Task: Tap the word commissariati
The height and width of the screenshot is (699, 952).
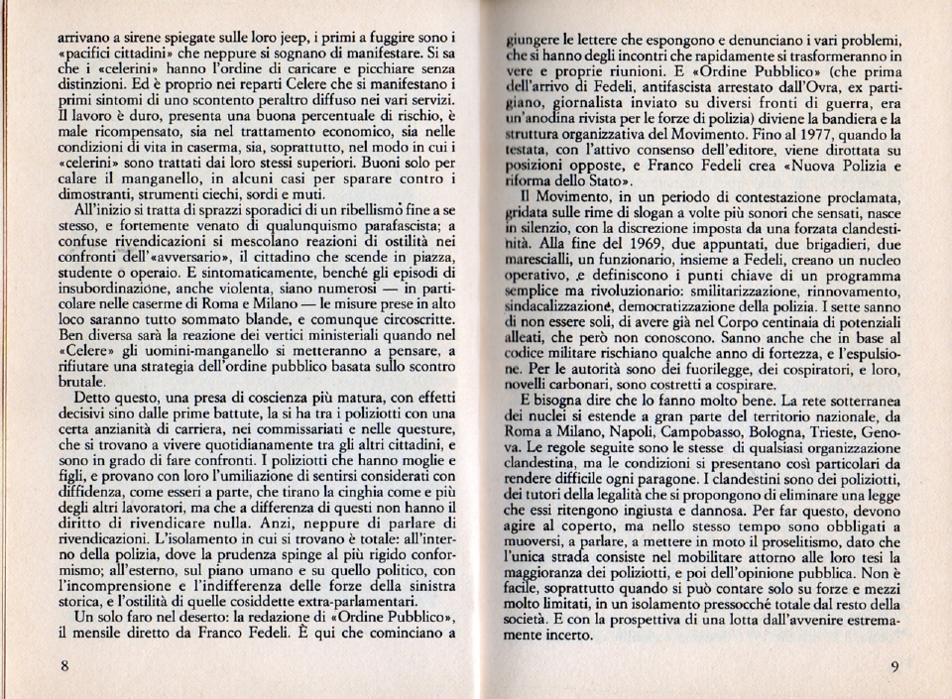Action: [x=325, y=430]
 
